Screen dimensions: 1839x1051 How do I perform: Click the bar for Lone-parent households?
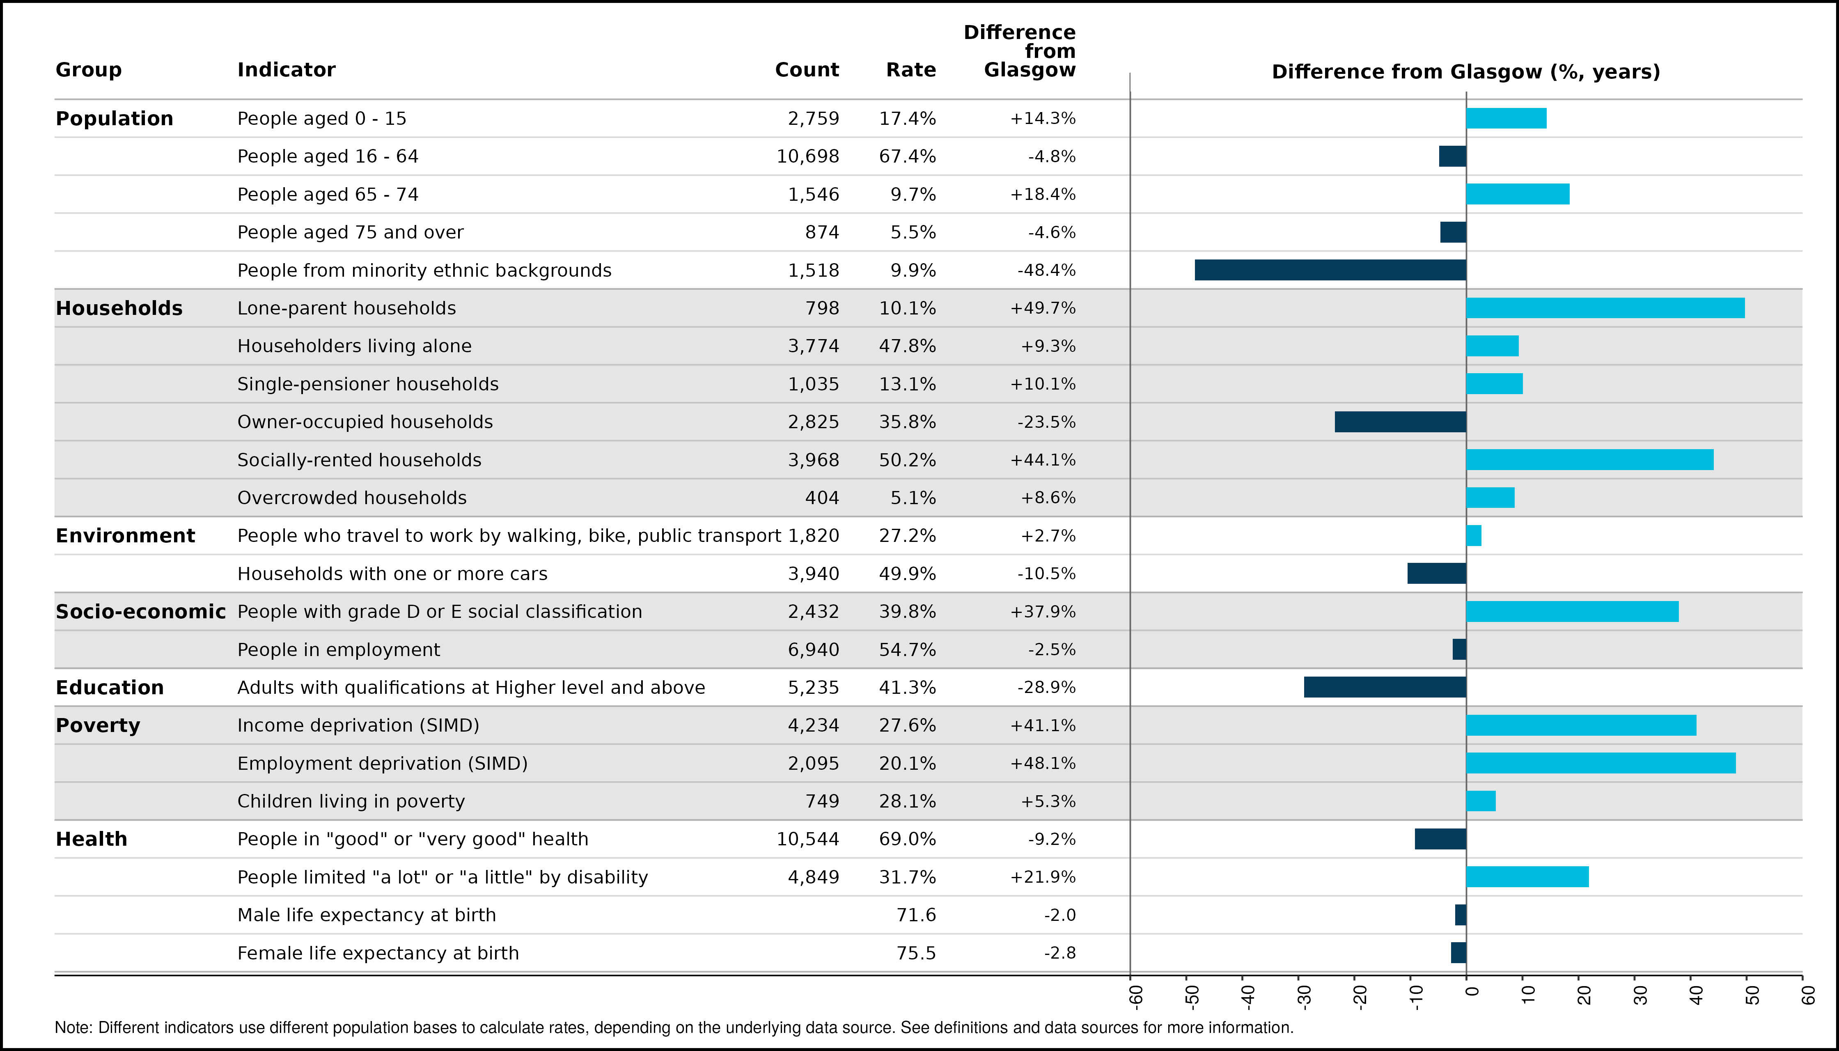1605,308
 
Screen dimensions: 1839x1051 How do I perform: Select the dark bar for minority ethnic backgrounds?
1330,270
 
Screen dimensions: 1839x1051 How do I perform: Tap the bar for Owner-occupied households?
1400,422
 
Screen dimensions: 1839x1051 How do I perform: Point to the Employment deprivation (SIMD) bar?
1601,763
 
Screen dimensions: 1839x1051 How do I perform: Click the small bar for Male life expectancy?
1461,915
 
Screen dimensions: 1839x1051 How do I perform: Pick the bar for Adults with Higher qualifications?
1385,687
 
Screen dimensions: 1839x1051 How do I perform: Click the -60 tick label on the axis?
1135,996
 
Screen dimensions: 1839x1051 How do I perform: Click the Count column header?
807,70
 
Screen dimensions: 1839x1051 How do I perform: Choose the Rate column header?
911,70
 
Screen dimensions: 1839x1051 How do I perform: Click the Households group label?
119,308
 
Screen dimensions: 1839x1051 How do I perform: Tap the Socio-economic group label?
141,611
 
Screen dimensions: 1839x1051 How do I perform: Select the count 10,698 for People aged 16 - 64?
807,157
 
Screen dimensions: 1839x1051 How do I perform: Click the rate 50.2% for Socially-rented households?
907,460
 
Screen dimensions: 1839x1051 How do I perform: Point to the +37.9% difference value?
1043,611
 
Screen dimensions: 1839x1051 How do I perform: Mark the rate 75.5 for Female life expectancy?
916,953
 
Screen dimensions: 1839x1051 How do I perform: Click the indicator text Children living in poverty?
351,801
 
